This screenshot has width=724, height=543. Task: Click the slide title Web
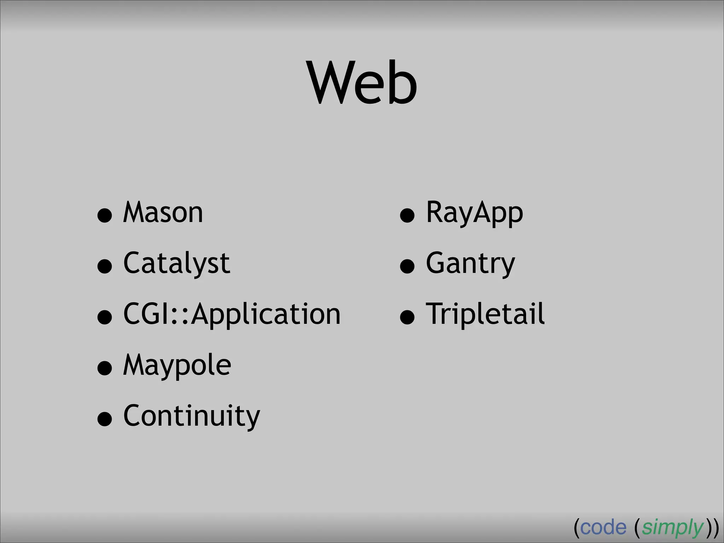coord(363,83)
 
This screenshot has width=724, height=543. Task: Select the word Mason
coord(163,212)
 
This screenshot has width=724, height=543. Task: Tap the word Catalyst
coord(177,264)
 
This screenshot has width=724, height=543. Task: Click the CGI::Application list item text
coord(232,315)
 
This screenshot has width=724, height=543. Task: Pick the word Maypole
coord(177,366)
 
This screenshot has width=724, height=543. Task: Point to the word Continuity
coord(192,416)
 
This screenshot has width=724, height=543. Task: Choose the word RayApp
coord(474,213)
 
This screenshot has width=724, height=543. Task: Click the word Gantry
coord(471,264)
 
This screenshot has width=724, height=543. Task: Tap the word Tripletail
coord(485,314)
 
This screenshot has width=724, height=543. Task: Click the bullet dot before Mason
coord(105,215)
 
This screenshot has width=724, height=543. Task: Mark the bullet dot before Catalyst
coord(105,266)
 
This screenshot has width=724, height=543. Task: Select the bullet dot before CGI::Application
coord(105,317)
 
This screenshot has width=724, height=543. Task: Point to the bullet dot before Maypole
coord(105,368)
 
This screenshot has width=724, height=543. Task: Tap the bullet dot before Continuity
coord(105,419)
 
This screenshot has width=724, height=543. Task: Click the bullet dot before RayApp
coord(407,215)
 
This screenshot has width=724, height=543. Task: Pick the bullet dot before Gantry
coord(407,266)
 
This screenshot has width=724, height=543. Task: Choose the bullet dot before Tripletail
coord(407,317)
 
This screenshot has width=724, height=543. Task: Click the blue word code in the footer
coord(603,528)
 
